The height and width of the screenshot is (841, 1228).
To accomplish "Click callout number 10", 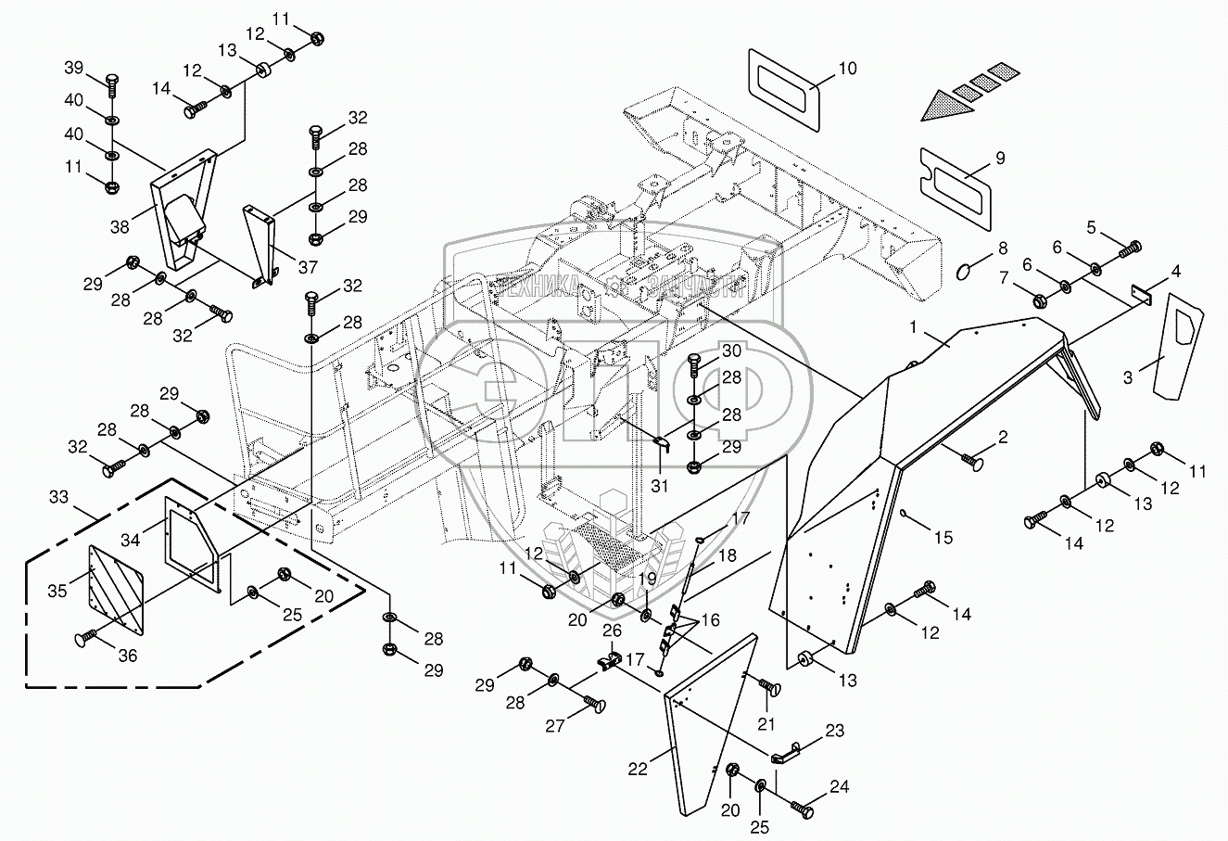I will pos(847,69).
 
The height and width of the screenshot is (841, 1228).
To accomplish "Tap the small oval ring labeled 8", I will pos(964,271).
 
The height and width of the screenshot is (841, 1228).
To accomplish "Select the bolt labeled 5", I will pos(1131,248).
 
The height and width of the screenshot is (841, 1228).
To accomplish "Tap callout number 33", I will pos(59,498).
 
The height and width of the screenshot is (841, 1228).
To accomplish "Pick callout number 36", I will pos(127,656).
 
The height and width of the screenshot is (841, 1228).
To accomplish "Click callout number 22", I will pos(637,769).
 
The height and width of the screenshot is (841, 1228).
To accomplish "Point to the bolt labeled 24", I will pos(804,810).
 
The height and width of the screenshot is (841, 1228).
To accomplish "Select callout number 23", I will pos(834,731).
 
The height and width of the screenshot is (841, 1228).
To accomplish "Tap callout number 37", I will pos(307,266).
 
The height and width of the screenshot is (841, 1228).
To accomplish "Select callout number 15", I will pos(943,537).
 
